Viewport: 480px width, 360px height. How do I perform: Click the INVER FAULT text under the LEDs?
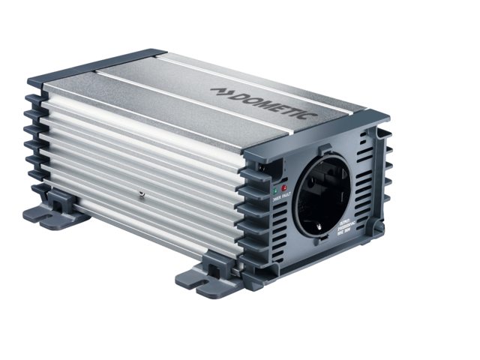[281, 199]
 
